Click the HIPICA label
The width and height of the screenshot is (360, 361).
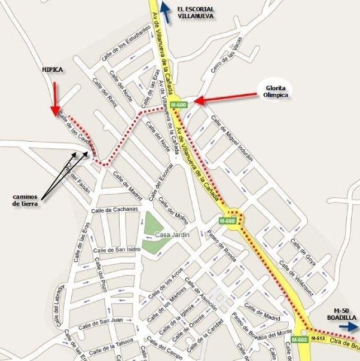tap(51, 70)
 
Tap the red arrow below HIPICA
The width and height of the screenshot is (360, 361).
tap(54, 99)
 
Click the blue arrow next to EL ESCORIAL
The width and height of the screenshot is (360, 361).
tap(166, 13)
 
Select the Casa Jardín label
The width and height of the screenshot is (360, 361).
tap(172, 235)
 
